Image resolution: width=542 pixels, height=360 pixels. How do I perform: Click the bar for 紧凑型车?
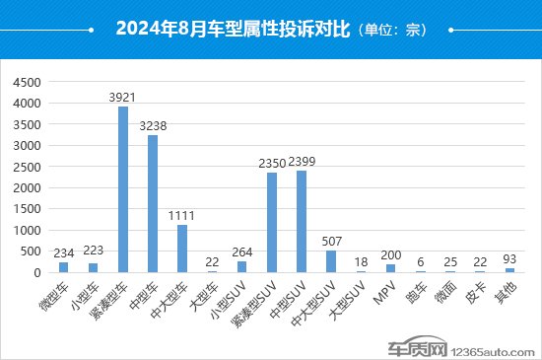click(x=123, y=189)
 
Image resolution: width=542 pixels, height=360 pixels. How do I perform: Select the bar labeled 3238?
click(x=153, y=204)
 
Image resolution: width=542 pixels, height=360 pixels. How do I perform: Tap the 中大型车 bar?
click(x=182, y=249)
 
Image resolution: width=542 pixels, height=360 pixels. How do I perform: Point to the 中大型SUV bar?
click(x=331, y=261)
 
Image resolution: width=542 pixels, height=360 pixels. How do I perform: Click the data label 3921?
click(x=123, y=98)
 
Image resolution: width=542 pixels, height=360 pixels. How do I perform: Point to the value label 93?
click(x=510, y=259)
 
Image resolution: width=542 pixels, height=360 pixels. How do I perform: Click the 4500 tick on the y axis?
click(x=28, y=82)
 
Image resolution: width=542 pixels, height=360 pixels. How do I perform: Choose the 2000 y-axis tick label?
click(x=28, y=188)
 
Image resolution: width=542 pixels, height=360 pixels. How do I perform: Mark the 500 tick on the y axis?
click(x=32, y=252)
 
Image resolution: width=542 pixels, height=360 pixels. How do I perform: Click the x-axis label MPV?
click(x=385, y=293)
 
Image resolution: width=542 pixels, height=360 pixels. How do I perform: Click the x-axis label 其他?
click(x=504, y=292)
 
